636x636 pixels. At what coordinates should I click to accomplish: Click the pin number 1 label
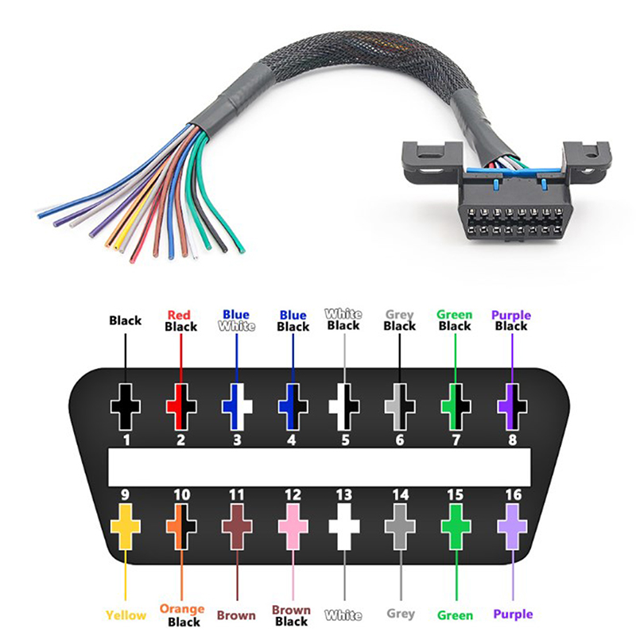(126, 438)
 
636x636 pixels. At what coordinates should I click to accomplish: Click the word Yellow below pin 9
(126, 615)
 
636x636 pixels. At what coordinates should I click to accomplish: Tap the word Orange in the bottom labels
(181, 609)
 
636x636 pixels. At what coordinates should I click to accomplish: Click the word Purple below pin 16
(513, 615)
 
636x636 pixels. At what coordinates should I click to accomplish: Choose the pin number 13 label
(343, 495)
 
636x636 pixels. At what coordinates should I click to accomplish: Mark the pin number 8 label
(513, 438)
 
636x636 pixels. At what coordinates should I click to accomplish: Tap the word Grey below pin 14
(401, 614)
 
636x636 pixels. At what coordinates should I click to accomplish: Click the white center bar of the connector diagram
(318, 467)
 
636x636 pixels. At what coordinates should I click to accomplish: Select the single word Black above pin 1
(126, 320)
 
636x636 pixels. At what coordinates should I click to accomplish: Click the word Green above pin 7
(455, 315)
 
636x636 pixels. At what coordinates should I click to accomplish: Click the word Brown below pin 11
(237, 615)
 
